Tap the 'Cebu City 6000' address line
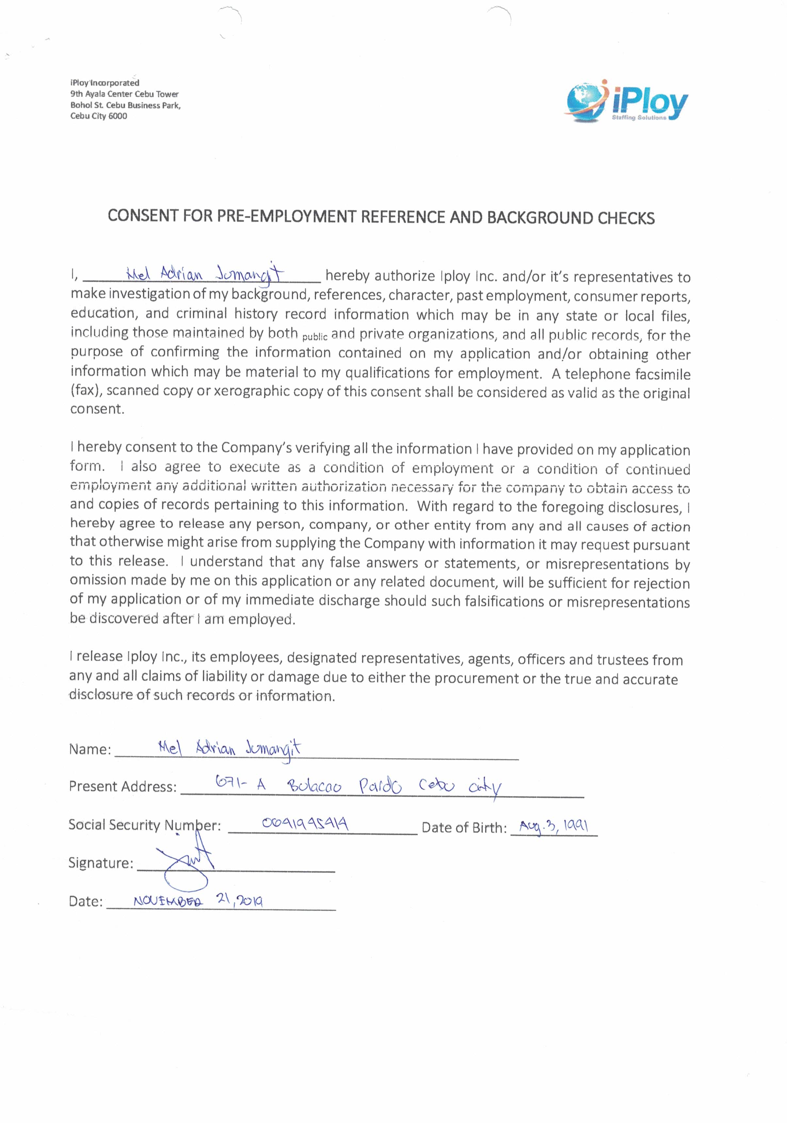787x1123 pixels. click(98, 116)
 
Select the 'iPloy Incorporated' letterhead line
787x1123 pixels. click(105, 83)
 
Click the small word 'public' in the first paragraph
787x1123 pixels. click(315, 337)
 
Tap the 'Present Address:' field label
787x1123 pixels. click(122, 786)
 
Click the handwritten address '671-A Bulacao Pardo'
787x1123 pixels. click(308, 785)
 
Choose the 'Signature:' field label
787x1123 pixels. click(101, 863)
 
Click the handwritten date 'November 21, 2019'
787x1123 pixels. click(198, 901)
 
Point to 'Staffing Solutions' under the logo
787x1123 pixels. click(639, 118)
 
